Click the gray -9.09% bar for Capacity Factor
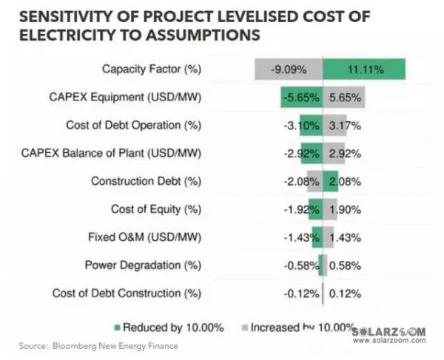tap(289, 69)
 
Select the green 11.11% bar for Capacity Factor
tap(363, 69)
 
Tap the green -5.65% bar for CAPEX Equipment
tap(301, 98)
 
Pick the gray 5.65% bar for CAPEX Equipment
tap(343, 98)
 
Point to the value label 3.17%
tap(344, 125)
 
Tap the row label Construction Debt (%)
tap(146, 181)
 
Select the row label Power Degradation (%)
tap(143, 265)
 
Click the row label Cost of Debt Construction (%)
tap(127, 293)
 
